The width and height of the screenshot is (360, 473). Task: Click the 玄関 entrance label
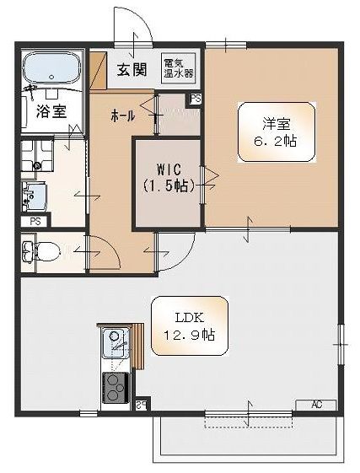coord(133,69)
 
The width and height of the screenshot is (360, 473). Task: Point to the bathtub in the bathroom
coord(51,67)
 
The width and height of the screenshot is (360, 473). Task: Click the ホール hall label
coord(121,116)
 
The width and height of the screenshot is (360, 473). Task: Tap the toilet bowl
coord(49,250)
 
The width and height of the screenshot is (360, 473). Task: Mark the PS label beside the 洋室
coord(196,99)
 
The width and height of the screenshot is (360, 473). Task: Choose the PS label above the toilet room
coord(35,221)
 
